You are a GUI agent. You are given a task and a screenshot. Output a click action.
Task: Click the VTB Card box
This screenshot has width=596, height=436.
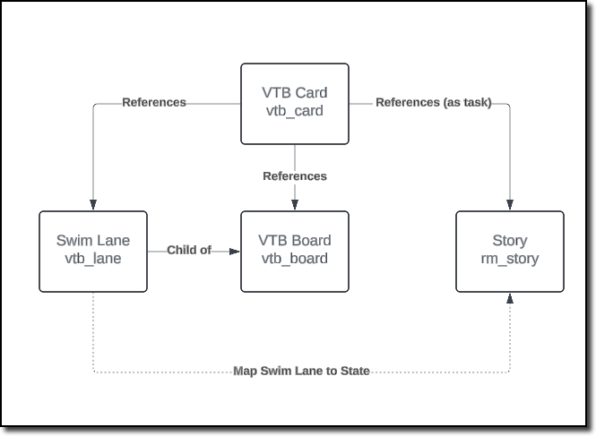point(294,102)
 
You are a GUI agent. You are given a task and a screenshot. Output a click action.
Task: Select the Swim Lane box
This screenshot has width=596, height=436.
point(93,251)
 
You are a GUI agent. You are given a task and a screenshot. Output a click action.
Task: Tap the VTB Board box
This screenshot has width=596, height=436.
point(294,251)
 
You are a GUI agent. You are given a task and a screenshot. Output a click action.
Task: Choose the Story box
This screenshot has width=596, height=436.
point(510,251)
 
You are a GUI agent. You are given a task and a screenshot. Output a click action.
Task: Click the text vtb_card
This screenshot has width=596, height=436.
point(294,111)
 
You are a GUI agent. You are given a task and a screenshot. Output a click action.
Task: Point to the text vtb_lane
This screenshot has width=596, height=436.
point(94,259)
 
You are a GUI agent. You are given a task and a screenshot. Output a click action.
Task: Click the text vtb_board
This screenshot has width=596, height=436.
point(296,259)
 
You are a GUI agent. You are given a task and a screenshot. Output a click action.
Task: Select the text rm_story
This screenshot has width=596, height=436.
point(510,259)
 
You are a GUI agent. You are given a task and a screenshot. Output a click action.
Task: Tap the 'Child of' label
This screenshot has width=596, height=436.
point(189,251)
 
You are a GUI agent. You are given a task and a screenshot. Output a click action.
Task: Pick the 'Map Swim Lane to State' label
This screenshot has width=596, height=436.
point(301,371)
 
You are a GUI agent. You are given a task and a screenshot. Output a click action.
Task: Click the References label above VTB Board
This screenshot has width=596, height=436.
point(294,176)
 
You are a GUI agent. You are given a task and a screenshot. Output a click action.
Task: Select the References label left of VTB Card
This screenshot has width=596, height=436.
point(154,102)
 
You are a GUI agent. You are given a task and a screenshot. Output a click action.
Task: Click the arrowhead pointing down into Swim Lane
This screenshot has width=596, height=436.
point(93,205)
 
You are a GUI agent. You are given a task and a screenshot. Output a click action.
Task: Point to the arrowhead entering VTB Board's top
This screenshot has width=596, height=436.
point(294,205)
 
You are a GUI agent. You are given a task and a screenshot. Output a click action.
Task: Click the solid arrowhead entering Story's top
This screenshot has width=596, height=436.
point(510,205)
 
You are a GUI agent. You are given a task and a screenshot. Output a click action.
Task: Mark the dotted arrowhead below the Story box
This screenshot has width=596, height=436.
point(510,297)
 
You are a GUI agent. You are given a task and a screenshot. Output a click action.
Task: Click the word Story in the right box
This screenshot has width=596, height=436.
point(510,241)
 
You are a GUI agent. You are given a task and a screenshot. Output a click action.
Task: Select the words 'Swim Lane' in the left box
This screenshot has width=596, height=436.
point(93,241)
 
